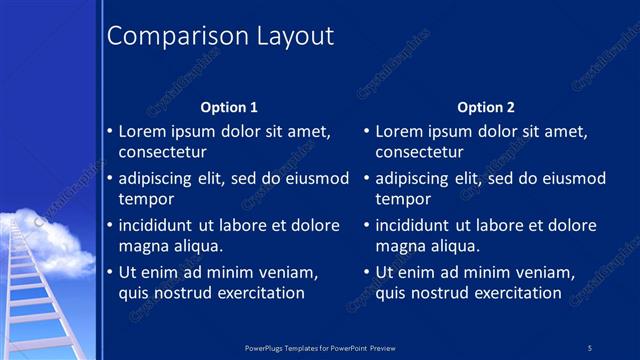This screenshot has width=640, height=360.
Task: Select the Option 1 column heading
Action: point(229,107)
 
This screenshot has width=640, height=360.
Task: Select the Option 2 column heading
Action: point(486,107)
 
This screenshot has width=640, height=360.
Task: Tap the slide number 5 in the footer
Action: point(590,347)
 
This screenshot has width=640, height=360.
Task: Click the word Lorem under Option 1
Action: point(142,131)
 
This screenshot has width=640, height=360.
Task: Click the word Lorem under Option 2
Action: point(399,131)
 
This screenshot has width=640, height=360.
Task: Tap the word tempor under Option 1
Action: point(144,199)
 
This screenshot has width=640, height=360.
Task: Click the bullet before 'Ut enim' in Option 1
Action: point(110,272)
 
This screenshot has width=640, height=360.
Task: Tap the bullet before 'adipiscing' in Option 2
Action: point(367,179)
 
